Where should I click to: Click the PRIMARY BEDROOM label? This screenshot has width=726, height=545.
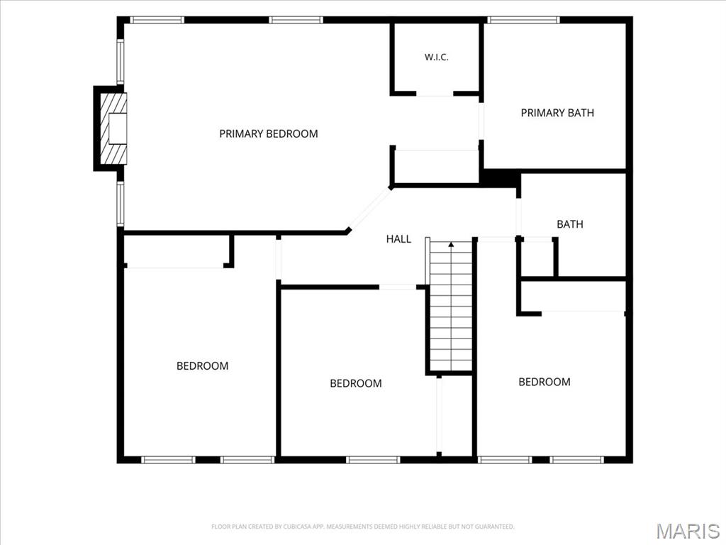pyautogui.click(x=269, y=134)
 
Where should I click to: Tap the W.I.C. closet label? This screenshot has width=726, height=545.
pyautogui.click(x=436, y=57)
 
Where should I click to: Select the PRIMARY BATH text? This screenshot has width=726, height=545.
pyautogui.click(x=557, y=113)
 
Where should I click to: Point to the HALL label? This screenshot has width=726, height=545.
pyautogui.click(x=398, y=239)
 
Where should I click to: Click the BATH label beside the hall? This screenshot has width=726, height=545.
pyautogui.click(x=569, y=224)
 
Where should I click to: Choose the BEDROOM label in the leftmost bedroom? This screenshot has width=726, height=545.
pyautogui.click(x=202, y=366)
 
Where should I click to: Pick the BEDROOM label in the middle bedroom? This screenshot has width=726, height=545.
pyautogui.click(x=356, y=383)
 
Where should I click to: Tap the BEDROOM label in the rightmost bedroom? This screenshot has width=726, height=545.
pyautogui.click(x=544, y=382)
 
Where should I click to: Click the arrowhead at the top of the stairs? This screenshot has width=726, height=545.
pyautogui.click(x=451, y=244)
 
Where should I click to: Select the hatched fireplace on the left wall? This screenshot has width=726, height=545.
pyautogui.click(x=113, y=128)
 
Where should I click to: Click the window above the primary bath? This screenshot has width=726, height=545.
pyautogui.click(x=523, y=20)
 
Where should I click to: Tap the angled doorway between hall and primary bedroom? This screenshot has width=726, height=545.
pyautogui.click(x=370, y=209)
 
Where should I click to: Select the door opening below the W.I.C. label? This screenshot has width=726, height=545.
pyautogui.click(x=435, y=94)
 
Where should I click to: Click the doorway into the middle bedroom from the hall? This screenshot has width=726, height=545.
pyautogui.click(x=398, y=287)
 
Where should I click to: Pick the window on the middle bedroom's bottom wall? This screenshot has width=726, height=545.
pyautogui.click(x=373, y=460)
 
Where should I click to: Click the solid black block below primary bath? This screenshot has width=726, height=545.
pyautogui.click(x=500, y=178)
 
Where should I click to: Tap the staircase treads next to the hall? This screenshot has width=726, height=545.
pyautogui.click(x=451, y=306)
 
